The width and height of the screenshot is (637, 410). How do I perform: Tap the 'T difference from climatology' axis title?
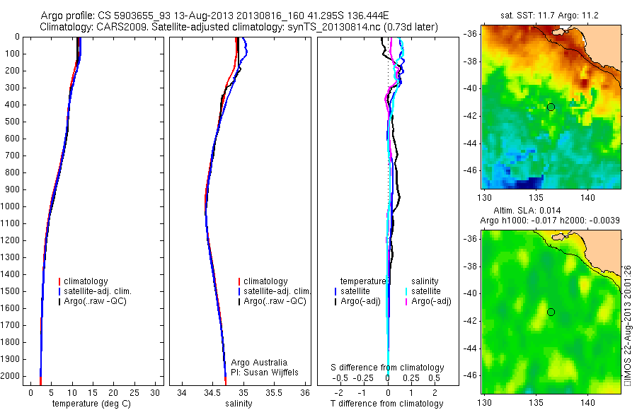[387, 404]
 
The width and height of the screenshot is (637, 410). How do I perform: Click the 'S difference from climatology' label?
[387, 368]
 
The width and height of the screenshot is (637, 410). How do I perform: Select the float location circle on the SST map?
[551, 107]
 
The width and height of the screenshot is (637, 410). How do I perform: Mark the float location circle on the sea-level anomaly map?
[551, 312]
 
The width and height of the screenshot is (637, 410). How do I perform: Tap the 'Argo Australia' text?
[259, 363]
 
